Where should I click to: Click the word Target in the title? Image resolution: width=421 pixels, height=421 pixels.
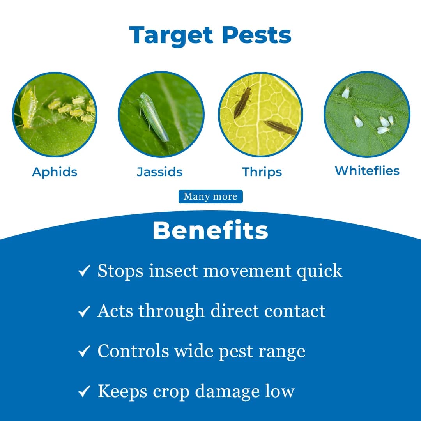coord(172,35)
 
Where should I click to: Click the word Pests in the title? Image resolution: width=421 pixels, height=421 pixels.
coord(257,35)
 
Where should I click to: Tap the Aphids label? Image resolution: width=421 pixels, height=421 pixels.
coord(55,172)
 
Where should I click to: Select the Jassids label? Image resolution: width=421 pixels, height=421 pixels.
coord(159,172)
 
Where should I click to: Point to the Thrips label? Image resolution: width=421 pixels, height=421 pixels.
coord(262,172)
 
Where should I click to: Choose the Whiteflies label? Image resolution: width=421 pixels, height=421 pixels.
coord(367,171)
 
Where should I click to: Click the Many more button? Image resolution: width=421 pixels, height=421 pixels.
coord(210,196)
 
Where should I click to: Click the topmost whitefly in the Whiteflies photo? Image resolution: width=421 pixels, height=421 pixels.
coord(346,92)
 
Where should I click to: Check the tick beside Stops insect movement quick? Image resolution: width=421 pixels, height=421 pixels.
coord(84,271)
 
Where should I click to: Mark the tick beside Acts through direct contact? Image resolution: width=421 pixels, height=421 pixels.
coord(84,311)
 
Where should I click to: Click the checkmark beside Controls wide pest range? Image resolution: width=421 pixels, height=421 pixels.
coord(84,352)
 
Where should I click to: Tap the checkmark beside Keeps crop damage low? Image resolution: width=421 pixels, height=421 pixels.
coord(84,392)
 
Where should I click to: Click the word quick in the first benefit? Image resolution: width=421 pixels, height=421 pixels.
coord(320,271)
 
